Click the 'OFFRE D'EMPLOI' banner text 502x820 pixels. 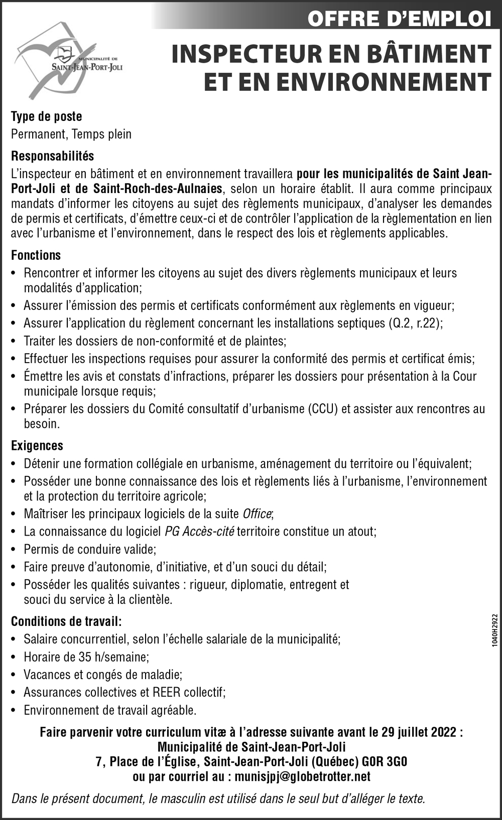click(x=399, y=19)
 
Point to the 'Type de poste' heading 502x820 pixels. click(x=46, y=116)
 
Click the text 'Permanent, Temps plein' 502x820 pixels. click(x=71, y=134)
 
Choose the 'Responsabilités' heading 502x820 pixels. click(x=52, y=156)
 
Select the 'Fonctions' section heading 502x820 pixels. click(x=36, y=255)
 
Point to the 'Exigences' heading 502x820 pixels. click(x=37, y=445)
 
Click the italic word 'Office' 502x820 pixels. click(x=257, y=514)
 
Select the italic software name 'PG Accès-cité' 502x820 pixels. click(x=199, y=531)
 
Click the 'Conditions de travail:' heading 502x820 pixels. click(x=66, y=621)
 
